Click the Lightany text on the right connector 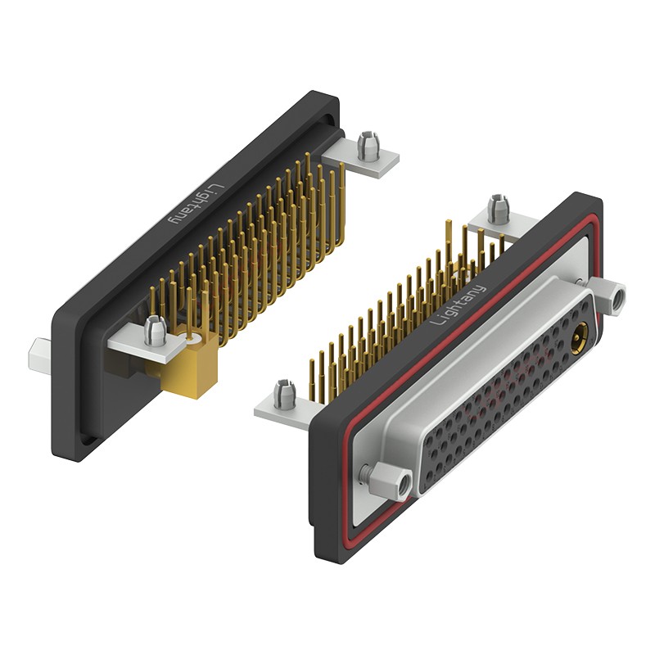tap(458, 305)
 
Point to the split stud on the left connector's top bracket tap(369, 146)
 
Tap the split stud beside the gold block tap(156, 332)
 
